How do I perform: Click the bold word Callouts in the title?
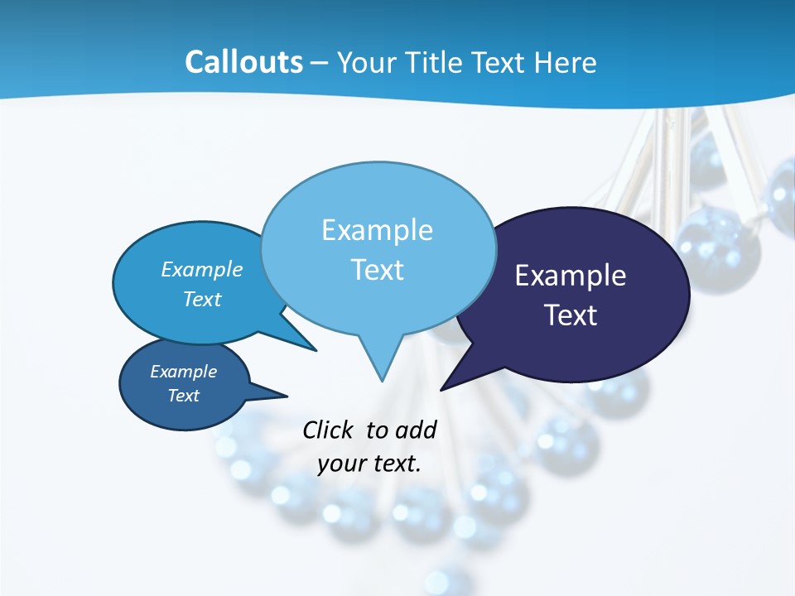(x=243, y=62)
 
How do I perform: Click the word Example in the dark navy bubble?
(x=571, y=276)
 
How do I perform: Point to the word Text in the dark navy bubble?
(x=571, y=315)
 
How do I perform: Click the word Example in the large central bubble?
(x=377, y=230)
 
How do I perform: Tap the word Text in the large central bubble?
(x=377, y=270)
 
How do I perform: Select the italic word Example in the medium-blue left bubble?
(x=202, y=269)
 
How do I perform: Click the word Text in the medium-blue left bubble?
(x=202, y=299)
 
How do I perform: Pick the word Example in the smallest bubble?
(x=184, y=372)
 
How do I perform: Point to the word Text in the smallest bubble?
(x=184, y=396)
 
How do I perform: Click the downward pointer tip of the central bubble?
(x=382, y=380)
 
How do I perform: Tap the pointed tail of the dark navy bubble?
(x=442, y=388)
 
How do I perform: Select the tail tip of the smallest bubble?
(x=286, y=395)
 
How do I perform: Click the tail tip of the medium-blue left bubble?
(x=316, y=350)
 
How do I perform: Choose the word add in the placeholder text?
(x=416, y=430)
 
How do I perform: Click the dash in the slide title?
(x=319, y=63)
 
